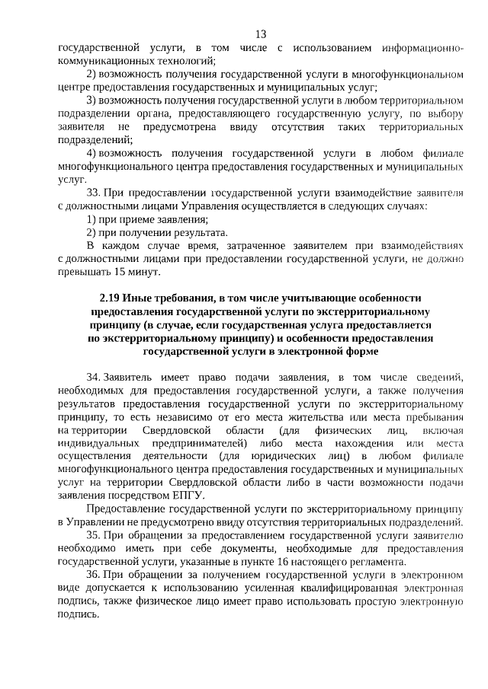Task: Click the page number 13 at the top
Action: pos(261,34)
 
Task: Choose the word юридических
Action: pos(259,456)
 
